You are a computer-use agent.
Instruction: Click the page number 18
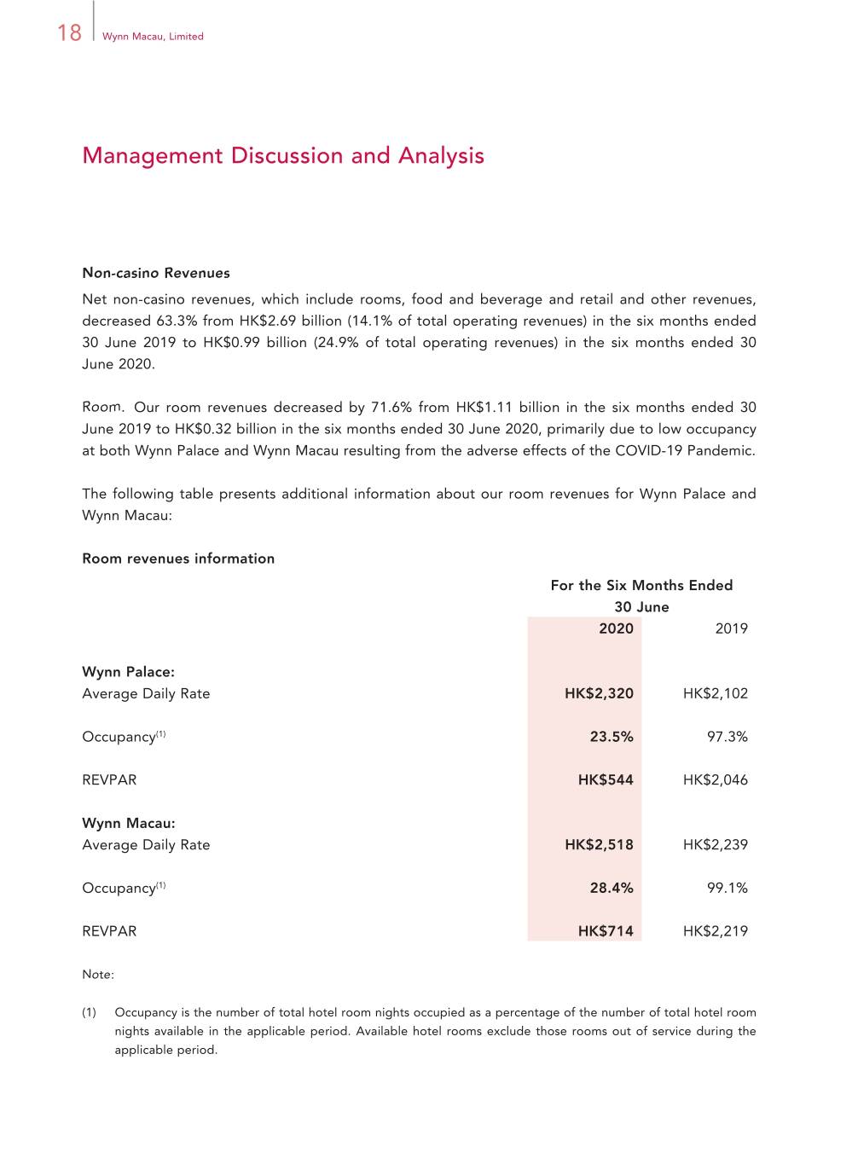[x=69, y=32]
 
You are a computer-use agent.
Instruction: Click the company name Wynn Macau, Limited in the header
[x=153, y=37]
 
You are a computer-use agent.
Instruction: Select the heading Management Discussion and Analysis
[x=283, y=156]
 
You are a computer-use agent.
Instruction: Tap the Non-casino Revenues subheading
[x=156, y=273]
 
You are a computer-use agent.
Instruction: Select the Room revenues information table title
[x=178, y=559]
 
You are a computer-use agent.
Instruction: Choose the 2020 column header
[x=616, y=628]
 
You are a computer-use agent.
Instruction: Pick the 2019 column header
[x=731, y=628]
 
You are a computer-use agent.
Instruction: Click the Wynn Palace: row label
[x=128, y=672]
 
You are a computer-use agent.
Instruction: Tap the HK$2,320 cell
[x=599, y=693]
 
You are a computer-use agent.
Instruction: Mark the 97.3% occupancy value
[x=727, y=737]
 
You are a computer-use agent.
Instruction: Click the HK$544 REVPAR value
[x=606, y=779]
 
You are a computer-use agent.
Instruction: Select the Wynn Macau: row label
[x=129, y=823]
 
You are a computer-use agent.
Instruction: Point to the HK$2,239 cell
[x=715, y=845]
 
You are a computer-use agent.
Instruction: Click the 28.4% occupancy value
[x=612, y=888]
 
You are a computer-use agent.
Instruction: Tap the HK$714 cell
[x=606, y=931]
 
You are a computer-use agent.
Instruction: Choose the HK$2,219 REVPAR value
[x=715, y=931]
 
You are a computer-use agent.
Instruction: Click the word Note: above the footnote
[x=98, y=974]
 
